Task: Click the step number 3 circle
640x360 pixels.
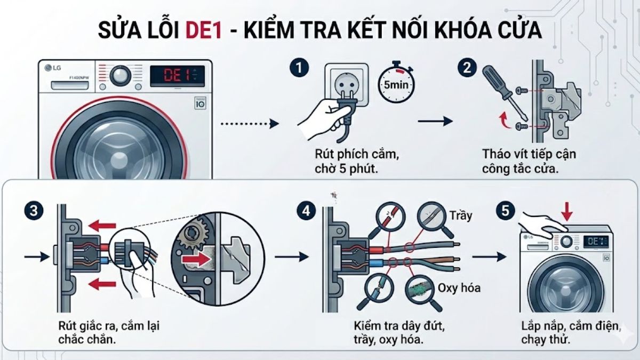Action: [34, 210]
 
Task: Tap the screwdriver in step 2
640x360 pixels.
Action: [504, 93]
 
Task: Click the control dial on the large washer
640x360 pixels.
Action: [122, 75]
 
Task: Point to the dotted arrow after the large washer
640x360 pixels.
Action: [250, 124]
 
